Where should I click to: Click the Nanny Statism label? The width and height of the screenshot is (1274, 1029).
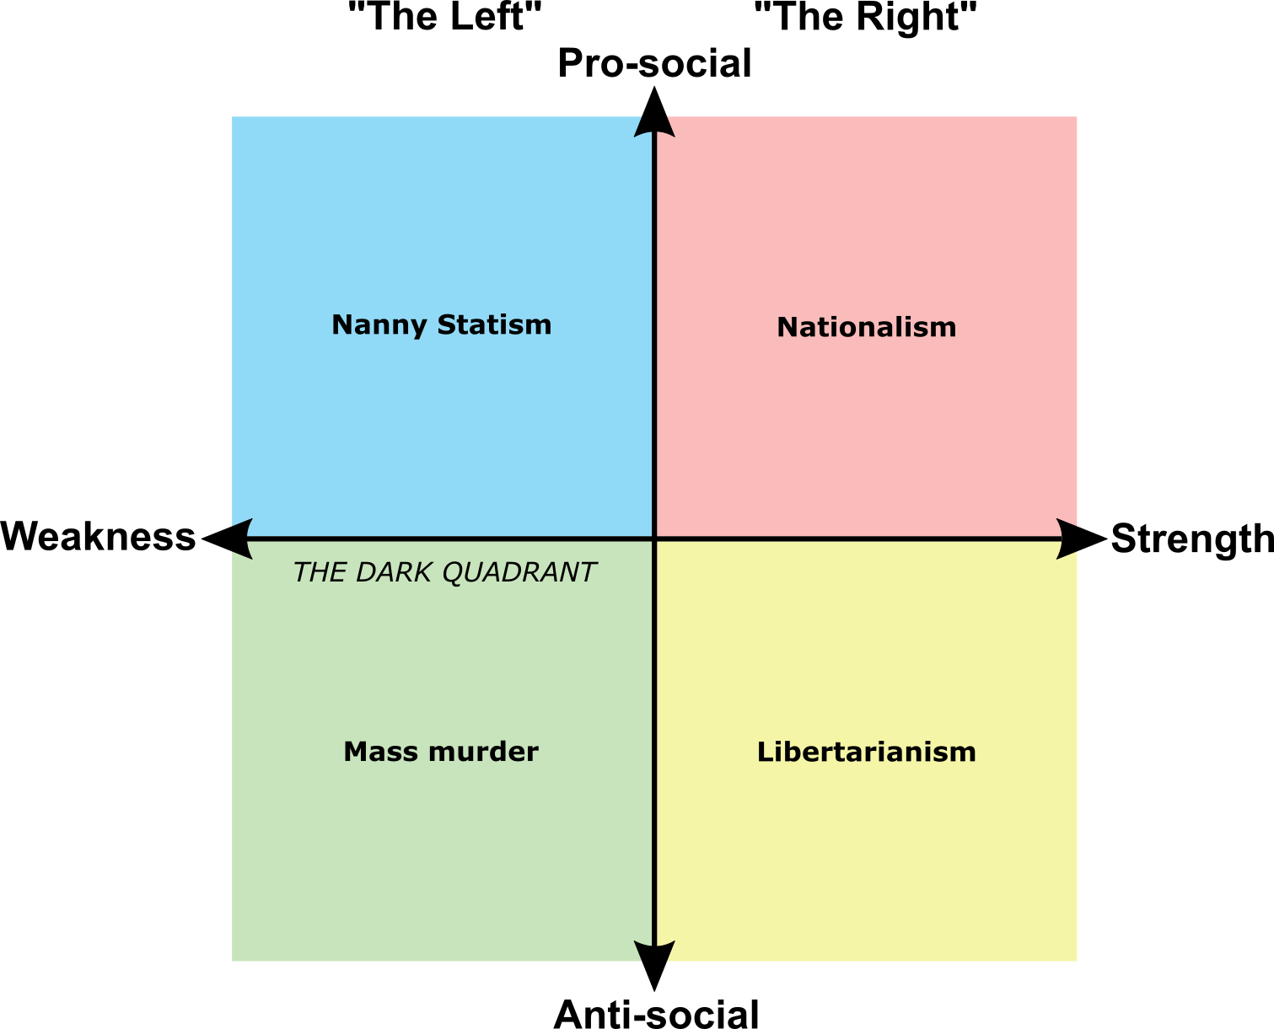tap(441, 325)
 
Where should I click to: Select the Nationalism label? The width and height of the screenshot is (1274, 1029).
tap(866, 328)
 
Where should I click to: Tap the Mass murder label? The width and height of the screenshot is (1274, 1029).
tap(440, 752)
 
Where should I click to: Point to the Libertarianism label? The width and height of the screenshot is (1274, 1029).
tap(866, 752)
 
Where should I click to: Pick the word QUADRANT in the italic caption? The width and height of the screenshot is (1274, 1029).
tap(519, 573)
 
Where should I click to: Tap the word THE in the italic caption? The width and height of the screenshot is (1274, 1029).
tap(319, 573)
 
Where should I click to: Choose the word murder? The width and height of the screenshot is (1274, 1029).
tap(493, 752)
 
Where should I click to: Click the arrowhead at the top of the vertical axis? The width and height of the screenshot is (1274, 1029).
tap(654, 124)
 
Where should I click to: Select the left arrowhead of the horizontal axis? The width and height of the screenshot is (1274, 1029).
tap(241, 539)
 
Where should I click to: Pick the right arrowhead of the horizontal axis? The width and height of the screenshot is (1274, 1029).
tap(1069, 539)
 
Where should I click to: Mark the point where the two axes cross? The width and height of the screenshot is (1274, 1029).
tap(654, 539)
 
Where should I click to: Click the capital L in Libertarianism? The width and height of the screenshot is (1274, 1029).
tap(763, 752)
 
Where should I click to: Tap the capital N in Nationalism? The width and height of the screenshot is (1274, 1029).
tap(785, 328)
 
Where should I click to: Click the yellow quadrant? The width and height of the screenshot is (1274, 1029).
tap(866, 843)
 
